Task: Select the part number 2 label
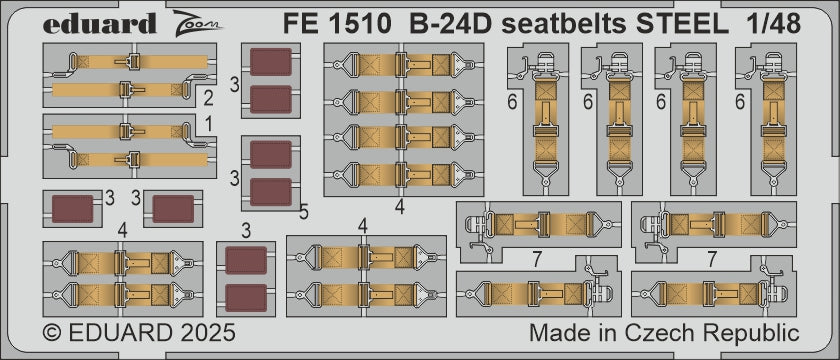pos(208,98)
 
